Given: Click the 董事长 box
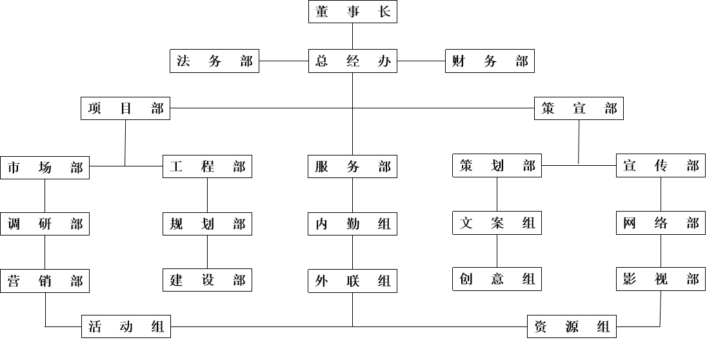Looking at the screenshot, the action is [353, 12].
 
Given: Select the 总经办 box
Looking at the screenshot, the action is [353, 61].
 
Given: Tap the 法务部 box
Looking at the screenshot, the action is [215, 61].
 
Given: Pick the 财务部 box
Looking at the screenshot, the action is [490, 61].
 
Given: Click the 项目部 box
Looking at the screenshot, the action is [125, 108].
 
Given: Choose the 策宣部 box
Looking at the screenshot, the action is [579, 108].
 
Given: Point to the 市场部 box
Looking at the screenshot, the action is [45, 168].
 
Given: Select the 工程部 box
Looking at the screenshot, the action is [208, 166].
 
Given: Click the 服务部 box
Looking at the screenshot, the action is [353, 166].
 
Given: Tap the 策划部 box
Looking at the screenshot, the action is [497, 166].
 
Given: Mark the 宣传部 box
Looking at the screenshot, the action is [661, 166].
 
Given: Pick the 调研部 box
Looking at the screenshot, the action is [45, 224].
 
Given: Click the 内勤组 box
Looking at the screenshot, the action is [353, 224].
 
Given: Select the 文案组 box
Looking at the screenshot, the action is [497, 223].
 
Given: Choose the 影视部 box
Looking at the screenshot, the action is [661, 279].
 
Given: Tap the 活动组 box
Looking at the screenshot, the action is [126, 326].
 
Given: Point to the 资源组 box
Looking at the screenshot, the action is [572, 326].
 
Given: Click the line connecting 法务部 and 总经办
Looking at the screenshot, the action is [284, 61].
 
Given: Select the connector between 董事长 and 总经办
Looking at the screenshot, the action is [353, 36].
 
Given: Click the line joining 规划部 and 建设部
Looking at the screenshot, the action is [208, 252].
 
